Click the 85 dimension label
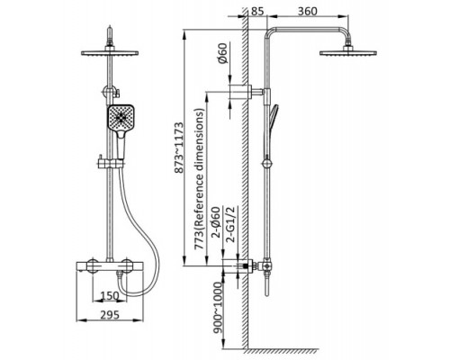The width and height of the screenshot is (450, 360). pyautogui.click(x=257, y=11)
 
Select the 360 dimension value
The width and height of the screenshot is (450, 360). pyautogui.click(x=308, y=11)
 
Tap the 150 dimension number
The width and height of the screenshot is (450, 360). pyautogui.click(x=109, y=296)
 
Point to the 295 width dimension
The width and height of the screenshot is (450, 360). pyautogui.click(x=110, y=315)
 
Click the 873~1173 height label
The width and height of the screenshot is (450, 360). pyautogui.click(x=179, y=148)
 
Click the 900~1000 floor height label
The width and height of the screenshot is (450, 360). pyautogui.click(x=219, y=307)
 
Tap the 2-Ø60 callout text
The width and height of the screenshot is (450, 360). pyautogui.click(x=216, y=222)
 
